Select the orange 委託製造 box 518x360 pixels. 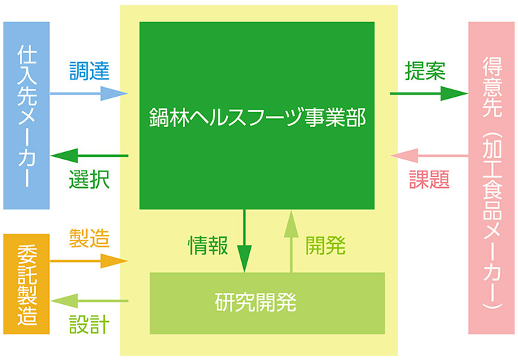coord(26,284)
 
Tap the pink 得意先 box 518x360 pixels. coord(491,178)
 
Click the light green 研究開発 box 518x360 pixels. coord(267,303)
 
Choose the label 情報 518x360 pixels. coord(208,245)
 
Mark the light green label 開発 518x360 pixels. coord(325,245)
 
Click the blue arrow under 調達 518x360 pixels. coord(89,93)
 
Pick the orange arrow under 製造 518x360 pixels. coord(89,260)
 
